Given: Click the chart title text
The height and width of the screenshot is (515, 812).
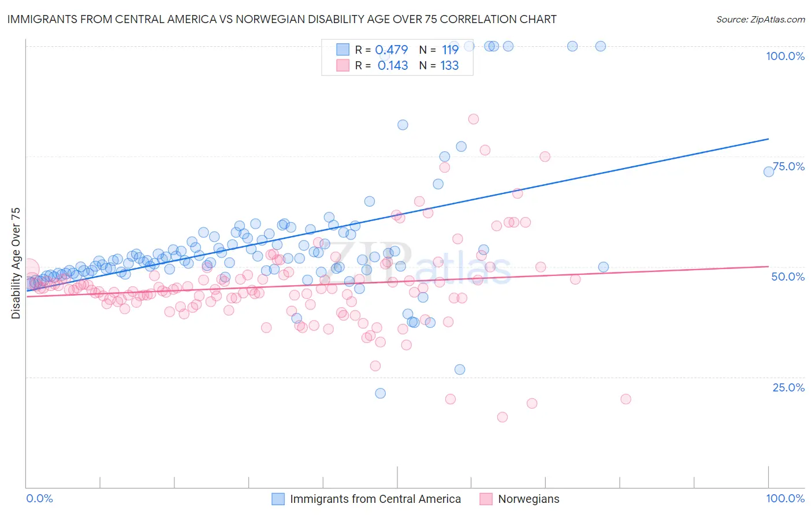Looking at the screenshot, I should point(282,19).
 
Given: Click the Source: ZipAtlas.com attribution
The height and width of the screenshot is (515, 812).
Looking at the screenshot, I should point(760,19).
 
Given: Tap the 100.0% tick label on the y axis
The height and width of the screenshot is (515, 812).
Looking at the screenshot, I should point(785,56).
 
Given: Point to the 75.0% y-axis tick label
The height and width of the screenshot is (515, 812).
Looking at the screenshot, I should point(788,166).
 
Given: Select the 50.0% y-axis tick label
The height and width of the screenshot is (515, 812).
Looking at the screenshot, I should point(788,277).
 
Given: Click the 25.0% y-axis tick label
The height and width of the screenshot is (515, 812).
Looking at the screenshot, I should point(788,387).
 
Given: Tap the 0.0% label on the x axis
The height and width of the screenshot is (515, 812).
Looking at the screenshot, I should point(39,498).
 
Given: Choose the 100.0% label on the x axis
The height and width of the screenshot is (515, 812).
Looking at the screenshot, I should point(785,498).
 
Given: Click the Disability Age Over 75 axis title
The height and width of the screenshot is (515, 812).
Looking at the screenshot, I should point(16,263).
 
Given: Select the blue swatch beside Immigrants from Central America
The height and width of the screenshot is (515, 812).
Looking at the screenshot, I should point(278,499).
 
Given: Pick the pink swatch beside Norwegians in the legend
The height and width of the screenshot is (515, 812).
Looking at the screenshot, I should point(486,499).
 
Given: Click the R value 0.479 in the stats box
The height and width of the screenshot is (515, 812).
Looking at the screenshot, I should point(392,50).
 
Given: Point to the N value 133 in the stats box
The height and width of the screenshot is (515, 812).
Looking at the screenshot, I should point(449,66).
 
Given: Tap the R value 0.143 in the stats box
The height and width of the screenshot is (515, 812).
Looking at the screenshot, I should point(393,66).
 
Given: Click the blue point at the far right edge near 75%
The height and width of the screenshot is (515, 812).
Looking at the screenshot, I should point(769,171).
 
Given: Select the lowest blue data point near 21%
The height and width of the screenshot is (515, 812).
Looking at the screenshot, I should point(380,393).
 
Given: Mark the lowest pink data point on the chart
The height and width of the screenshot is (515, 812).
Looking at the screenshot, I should point(502,417).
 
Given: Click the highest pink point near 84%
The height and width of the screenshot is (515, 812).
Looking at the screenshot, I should point(474,119).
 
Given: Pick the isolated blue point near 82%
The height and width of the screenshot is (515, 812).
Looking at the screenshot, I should point(403,125).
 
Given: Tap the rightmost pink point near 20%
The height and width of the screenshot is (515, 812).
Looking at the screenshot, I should point(625,399).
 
